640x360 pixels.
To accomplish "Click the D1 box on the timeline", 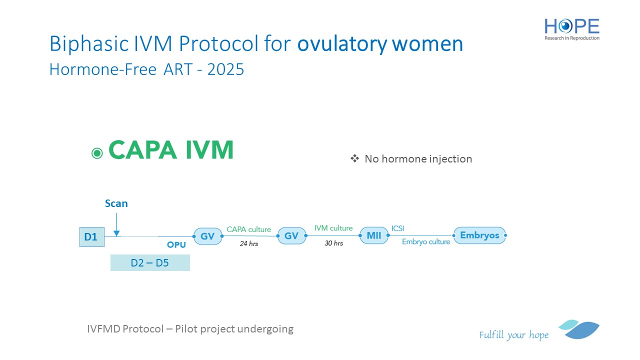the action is (91, 237).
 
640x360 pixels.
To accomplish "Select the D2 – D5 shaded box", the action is (150, 262).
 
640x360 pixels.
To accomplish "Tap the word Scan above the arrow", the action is (116, 203).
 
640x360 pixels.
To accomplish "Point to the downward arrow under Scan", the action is (116, 225).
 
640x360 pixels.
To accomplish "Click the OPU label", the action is (176, 245).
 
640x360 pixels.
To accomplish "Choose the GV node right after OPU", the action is (207, 236).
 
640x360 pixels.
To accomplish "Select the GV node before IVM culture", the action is (291, 235).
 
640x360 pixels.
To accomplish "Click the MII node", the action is (374, 235).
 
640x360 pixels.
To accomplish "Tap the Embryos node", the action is (479, 235).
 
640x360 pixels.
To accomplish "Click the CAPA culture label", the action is (248, 229).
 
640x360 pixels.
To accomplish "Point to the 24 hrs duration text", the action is (249, 243).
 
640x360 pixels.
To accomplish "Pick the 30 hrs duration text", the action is (333, 243).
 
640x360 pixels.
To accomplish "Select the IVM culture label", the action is (333, 228).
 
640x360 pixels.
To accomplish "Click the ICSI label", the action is (397, 228).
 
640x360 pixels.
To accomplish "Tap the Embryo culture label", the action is (426, 241).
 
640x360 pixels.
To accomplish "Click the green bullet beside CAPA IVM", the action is (97, 153).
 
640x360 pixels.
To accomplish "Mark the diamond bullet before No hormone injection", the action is (354, 158).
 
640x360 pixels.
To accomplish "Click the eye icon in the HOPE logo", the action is (565, 26).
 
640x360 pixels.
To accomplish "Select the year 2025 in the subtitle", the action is (225, 69).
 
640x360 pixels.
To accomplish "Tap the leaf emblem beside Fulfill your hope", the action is (579, 329).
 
